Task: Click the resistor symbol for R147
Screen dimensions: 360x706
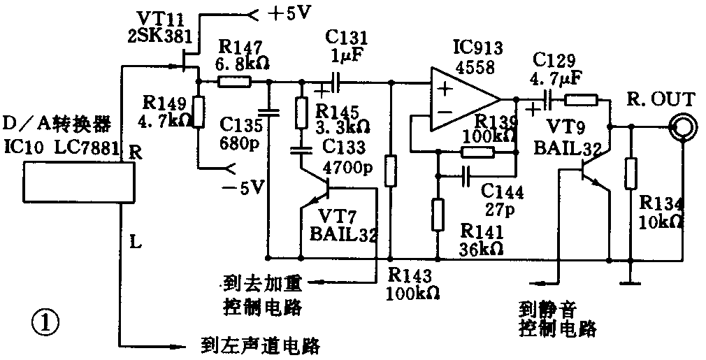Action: coord(233,82)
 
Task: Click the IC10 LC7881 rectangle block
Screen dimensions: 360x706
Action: coord(77,182)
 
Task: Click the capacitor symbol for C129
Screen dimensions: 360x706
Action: coord(547,99)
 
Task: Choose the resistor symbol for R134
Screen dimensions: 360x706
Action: coord(632,173)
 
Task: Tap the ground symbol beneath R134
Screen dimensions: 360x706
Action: coord(631,282)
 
